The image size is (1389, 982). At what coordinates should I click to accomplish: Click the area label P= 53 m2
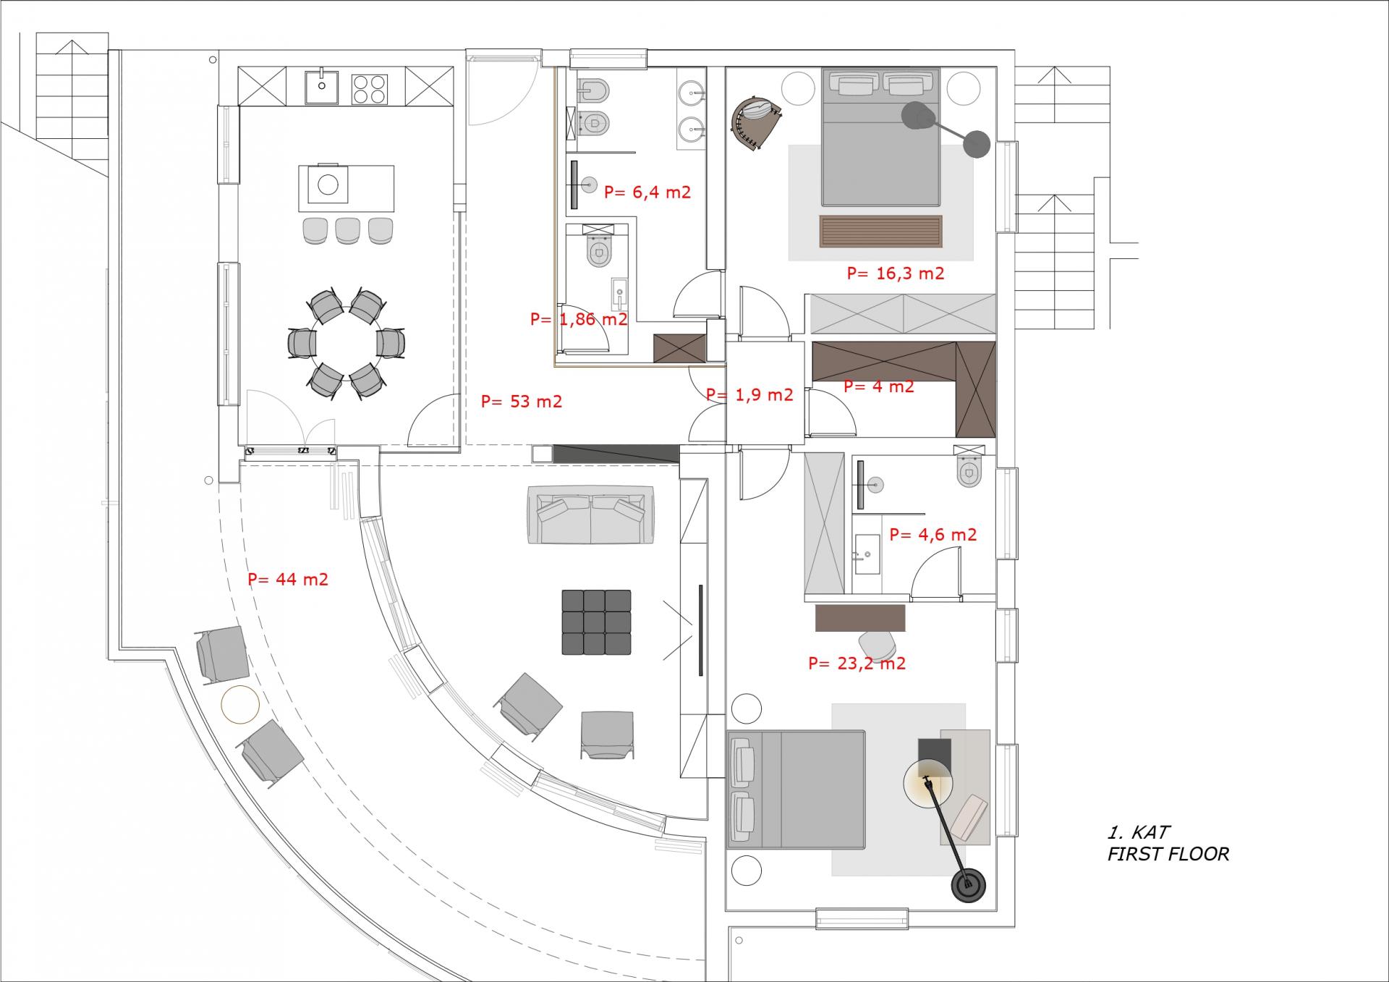tap(521, 402)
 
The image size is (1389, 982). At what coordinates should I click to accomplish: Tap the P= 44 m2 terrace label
tap(288, 580)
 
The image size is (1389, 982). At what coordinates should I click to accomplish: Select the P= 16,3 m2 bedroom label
tap(896, 274)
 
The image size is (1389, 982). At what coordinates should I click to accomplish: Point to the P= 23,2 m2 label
tap(857, 664)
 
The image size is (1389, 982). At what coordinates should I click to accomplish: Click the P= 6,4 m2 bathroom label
tap(647, 192)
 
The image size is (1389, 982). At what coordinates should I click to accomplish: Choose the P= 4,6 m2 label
tap(933, 535)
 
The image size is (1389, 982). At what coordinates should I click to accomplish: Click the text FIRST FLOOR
tap(1168, 855)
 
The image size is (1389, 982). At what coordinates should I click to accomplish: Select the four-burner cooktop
tap(369, 87)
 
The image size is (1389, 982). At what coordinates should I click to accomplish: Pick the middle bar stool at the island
tap(347, 230)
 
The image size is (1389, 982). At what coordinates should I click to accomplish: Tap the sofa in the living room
tap(591, 515)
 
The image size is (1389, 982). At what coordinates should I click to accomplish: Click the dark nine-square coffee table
tap(596, 622)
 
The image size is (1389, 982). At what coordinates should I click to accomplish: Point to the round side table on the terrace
tap(240, 703)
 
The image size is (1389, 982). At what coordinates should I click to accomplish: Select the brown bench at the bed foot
tap(880, 232)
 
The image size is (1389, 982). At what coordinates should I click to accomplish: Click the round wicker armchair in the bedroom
tap(757, 123)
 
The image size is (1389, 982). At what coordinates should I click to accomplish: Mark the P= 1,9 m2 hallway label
tap(749, 395)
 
